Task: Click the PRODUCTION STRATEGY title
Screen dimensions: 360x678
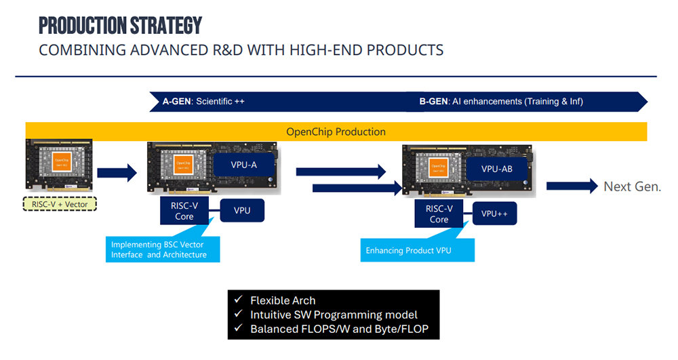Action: click(x=120, y=25)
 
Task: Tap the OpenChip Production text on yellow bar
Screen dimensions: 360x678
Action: click(x=336, y=132)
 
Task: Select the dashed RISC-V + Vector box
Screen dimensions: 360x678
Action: click(x=60, y=203)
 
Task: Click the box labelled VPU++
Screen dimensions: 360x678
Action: click(x=494, y=214)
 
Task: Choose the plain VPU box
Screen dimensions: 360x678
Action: click(x=242, y=210)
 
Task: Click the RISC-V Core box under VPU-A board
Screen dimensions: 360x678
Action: click(x=184, y=211)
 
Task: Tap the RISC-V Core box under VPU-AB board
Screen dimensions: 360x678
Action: click(x=439, y=214)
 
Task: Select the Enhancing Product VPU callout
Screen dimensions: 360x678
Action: click(x=417, y=250)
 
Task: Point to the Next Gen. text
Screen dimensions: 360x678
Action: click(x=632, y=186)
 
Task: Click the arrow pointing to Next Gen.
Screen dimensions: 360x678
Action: click(x=572, y=186)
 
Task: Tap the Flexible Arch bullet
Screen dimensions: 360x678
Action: click(x=283, y=300)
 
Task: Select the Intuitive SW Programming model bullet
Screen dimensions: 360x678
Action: click(x=334, y=315)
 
